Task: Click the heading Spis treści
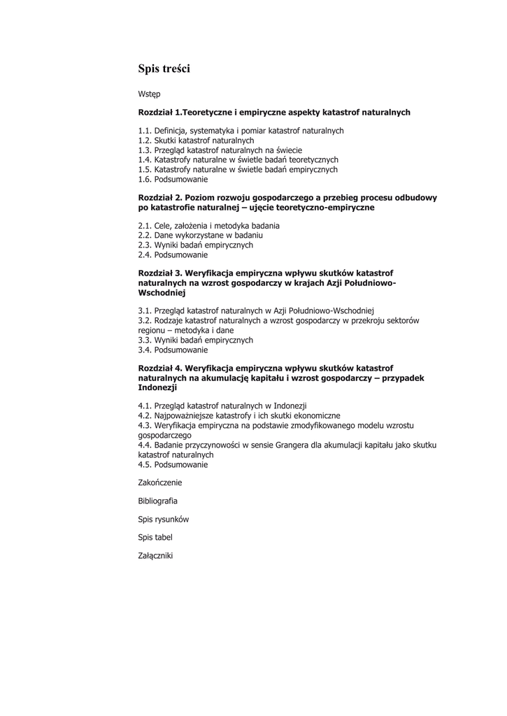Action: [x=164, y=69]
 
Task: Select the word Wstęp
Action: [x=149, y=94]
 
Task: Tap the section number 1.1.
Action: [x=145, y=131]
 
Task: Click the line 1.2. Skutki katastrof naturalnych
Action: [x=196, y=141]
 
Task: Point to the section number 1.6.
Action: [x=145, y=180]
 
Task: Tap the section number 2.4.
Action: [x=145, y=255]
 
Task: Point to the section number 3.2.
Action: [x=145, y=320]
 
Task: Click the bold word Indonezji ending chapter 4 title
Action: [x=157, y=387]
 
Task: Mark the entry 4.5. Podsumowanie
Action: [x=173, y=464]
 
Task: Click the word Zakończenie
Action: [x=160, y=482]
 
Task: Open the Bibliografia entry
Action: [x=157, y=501]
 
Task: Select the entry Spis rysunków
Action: [x=164, y=520]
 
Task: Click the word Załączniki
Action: [x=155, y=556]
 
